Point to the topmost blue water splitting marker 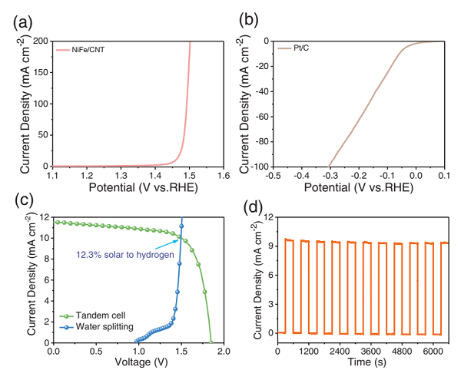182,226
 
